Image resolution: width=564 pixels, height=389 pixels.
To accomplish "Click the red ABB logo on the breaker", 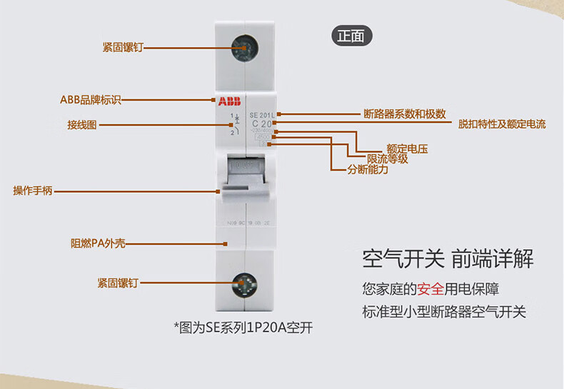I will coord(230,101).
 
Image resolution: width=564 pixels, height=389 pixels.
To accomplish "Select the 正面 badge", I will coord(352,35).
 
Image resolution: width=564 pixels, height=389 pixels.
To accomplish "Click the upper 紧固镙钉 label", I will coord(123,48).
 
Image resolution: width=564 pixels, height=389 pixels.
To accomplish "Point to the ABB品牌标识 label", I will coord(90,100).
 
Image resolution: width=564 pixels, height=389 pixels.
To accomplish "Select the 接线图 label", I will coord(82,125).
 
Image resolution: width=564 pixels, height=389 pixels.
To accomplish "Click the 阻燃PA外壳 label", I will coord(98,243).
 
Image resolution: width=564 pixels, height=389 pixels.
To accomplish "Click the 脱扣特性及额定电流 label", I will coord(502,124).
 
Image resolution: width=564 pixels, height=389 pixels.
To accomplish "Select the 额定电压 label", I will coord(407,149).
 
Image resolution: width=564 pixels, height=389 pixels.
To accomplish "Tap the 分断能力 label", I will coord(368,170).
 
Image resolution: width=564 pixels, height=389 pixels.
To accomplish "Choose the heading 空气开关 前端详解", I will coord(448,258).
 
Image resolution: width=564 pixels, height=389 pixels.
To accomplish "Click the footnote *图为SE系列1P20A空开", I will coord(243,328).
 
